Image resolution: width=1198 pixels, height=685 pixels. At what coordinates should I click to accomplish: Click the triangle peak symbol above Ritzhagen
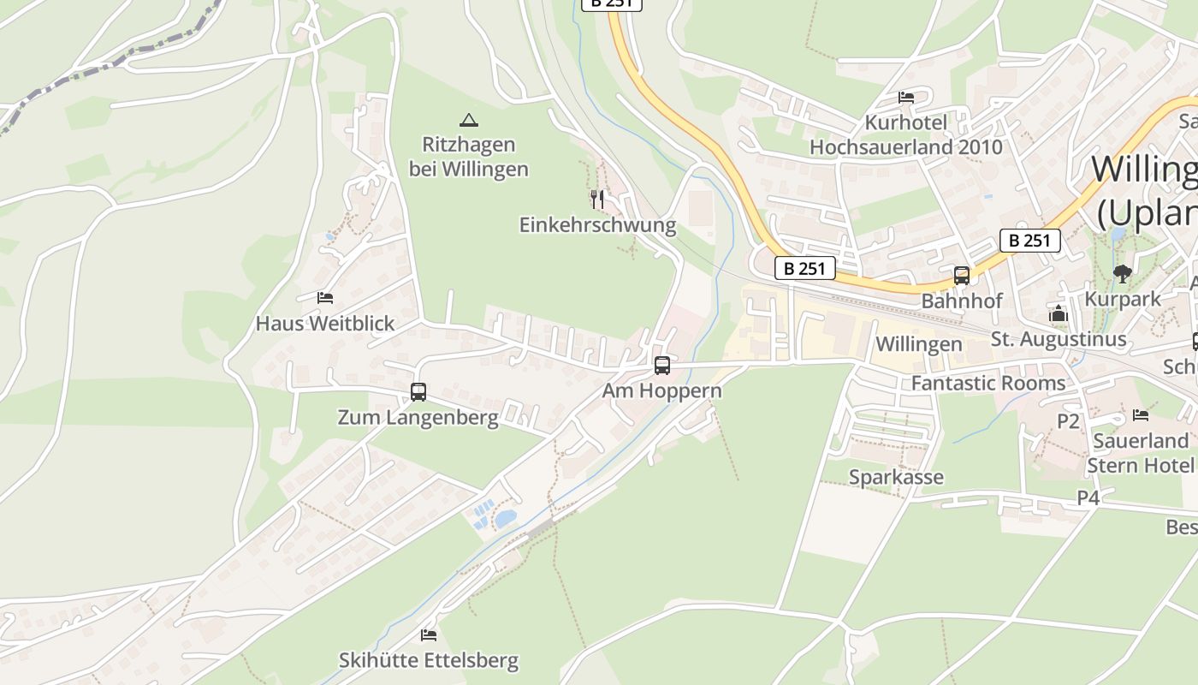pos(468,120)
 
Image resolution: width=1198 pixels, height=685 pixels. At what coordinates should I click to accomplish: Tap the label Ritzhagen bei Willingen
pos(468,157)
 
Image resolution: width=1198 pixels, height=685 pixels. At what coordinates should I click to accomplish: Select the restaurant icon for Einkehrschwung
pos(597,200)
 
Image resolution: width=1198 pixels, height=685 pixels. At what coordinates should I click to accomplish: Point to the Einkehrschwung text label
pos(597,225)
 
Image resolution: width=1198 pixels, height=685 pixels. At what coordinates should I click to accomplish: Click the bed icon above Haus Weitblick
pos(325,298)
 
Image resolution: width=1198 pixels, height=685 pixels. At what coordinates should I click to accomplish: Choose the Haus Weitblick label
pos(325,324)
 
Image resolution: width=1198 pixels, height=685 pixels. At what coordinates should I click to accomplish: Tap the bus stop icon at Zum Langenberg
pos(418,392)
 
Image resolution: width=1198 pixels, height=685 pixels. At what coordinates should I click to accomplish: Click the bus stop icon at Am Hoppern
pos(662,366)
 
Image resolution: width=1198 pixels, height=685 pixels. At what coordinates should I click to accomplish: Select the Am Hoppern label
pos(662,391)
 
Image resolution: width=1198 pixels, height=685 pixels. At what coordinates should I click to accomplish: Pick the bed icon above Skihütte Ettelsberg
pos(429,634)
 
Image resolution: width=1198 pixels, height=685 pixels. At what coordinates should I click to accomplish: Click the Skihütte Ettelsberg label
pos(429,661)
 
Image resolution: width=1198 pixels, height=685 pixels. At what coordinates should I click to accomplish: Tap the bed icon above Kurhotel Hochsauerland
pos(906,97)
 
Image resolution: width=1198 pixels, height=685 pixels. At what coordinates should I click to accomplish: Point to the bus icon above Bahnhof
pos(962,276)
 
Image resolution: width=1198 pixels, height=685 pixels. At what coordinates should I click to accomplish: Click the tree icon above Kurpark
pos(1123,274)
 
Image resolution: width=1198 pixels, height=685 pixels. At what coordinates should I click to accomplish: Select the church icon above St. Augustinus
pos(1059,314)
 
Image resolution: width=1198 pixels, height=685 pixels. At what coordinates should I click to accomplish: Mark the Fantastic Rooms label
pos(988,383)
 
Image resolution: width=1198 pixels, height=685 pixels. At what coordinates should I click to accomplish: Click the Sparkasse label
pos(896,477)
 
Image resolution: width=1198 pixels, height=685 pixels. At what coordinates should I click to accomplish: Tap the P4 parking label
pos(1088,497)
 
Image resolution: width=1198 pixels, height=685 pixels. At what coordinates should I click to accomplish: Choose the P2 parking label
pos(1068,421)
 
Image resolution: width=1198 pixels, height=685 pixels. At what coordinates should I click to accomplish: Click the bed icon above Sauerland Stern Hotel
pos(1141,415)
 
